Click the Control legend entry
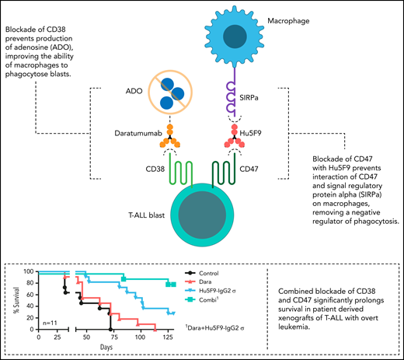pyautogui.click(x=212, y=273)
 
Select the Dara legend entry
pyautogui.click(x=207, y=283)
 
